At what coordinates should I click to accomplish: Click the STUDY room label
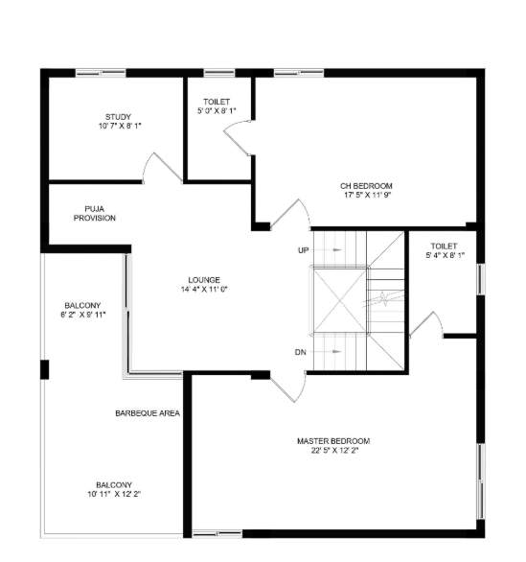click(119, 116)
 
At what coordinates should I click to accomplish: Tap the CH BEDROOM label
click(366, 185)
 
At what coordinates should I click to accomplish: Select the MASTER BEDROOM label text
click(332, 440)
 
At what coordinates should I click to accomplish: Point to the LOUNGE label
click(203, 279)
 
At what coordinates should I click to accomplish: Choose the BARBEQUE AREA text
click(148, 412)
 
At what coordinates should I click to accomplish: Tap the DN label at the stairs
click(301, 352)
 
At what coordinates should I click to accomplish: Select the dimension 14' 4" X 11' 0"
click(203, 289)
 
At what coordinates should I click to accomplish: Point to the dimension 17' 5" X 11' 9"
click(366, 195)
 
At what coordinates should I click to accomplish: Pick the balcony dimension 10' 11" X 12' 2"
click(113, 494)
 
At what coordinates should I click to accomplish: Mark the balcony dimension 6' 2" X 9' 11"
click(82, 314)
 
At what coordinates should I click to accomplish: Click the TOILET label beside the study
click(216, 102)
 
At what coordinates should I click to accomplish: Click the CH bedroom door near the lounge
click(289, 215)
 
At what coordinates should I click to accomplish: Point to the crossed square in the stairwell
click(338, 299)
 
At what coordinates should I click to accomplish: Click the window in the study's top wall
click(100, 72)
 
